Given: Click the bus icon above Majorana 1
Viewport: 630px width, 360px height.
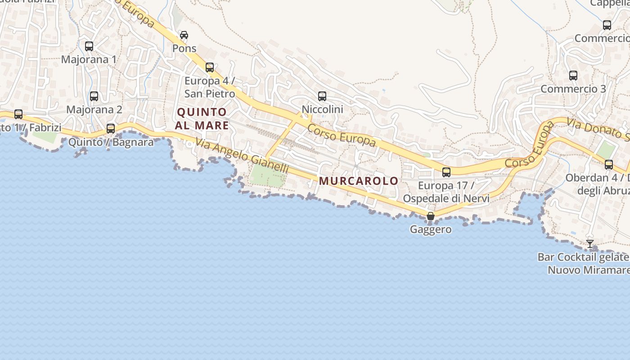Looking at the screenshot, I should click(x=89, y=46).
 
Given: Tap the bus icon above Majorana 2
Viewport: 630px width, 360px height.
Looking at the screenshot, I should click(x=94, y=96).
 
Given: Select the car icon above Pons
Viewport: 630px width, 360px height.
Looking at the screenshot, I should click(x=184, y=35).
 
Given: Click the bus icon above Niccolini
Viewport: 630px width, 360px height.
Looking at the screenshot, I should click(x=322, y=96).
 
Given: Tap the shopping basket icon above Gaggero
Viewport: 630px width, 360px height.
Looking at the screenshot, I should click(x=431, y=216).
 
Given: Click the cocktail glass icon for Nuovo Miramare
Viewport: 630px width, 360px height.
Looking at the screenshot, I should click(x=590, y=243).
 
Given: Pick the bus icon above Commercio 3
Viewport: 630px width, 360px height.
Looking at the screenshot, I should click(x=573, y=76).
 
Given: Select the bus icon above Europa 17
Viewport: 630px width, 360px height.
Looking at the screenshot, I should click(x=446, y=172).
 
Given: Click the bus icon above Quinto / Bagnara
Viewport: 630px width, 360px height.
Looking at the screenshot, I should click(x=111, y=129).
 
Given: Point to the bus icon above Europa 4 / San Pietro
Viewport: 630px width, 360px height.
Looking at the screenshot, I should click(x=210, y=67).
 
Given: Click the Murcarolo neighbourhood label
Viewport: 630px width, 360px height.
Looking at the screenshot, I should click(x=359, y=181).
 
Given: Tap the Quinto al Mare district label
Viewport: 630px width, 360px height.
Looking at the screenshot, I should click(x=202, y=119).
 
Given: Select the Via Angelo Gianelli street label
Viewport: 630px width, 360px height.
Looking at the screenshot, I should click(x=242, y=156).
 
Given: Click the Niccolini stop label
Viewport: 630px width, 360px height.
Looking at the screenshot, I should click(x=322, y=109).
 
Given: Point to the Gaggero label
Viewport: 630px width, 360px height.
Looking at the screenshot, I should click(x=431, y=229).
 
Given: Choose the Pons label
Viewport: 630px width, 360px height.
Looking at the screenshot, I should click(x=184, y=48).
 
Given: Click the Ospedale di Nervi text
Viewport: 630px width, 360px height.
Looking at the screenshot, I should click(x=446, y=198).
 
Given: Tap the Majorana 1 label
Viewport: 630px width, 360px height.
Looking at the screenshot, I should click(x=89, y=59).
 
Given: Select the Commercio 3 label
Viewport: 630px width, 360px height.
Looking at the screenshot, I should click(x=573, y=89).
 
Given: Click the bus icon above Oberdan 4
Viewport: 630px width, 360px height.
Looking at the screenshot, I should click(x=609, y=165).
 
